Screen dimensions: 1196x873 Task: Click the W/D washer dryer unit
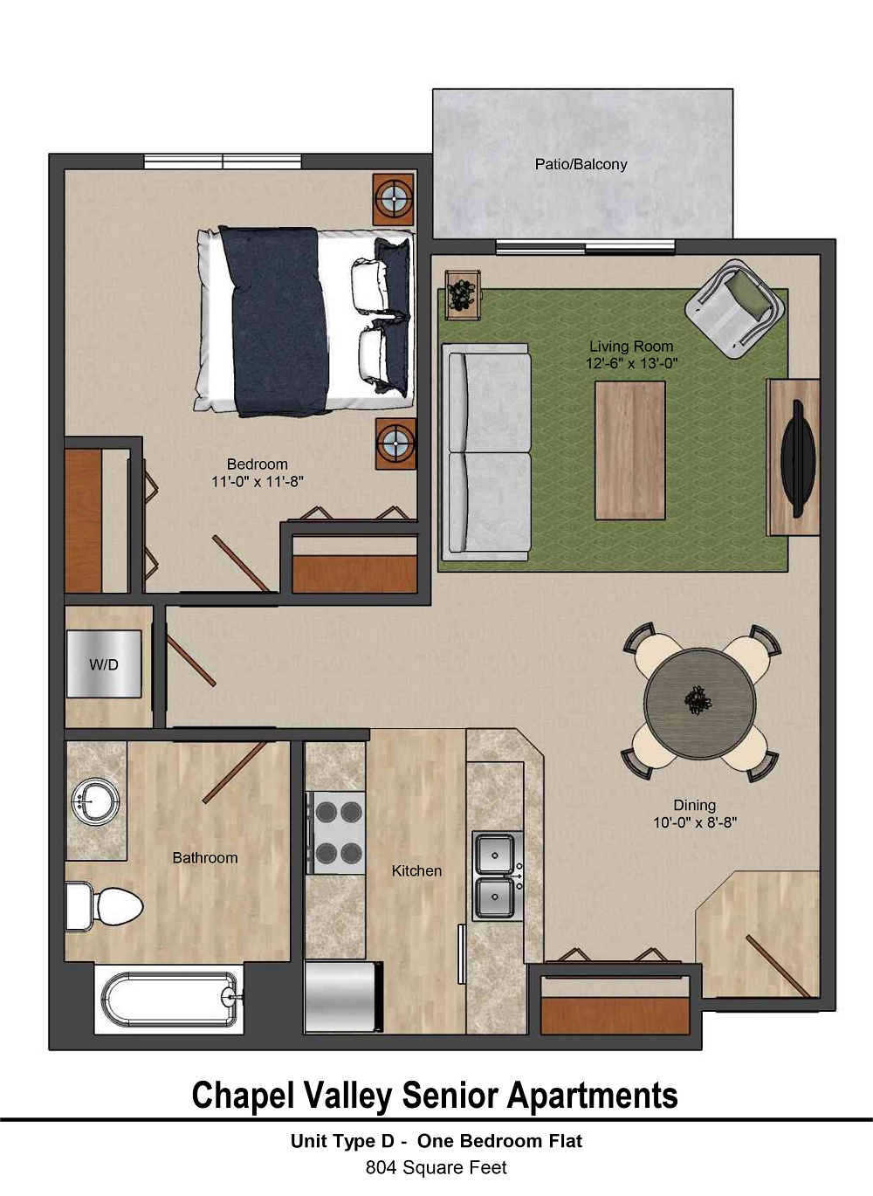click(x=104, y=664)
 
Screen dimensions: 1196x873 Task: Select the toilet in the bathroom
click(x=107, y=904)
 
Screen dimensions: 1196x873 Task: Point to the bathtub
click(x=169, y=999)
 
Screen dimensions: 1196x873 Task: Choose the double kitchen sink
click(x=497, y=876)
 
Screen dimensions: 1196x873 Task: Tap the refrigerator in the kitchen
click(x=341, y=998)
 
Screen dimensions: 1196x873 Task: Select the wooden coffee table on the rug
click(x=629, y=450)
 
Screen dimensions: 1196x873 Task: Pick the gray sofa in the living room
click(x=487, y=452)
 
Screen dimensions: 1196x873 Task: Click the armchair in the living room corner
click(x=734, y=306)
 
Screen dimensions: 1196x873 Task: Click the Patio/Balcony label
click(x=581, y=164)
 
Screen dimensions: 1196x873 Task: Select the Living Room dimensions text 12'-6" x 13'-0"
click(x=631, y=363)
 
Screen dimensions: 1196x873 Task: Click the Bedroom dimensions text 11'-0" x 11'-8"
click(x=257, y=481)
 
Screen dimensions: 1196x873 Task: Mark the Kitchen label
click(x=416, y=870)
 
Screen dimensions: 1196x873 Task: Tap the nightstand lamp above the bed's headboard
click(x=394, y=200)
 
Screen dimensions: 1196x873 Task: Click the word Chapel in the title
click(x=241, y=1096)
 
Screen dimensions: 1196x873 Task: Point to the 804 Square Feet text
click(x=436, y=1167)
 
